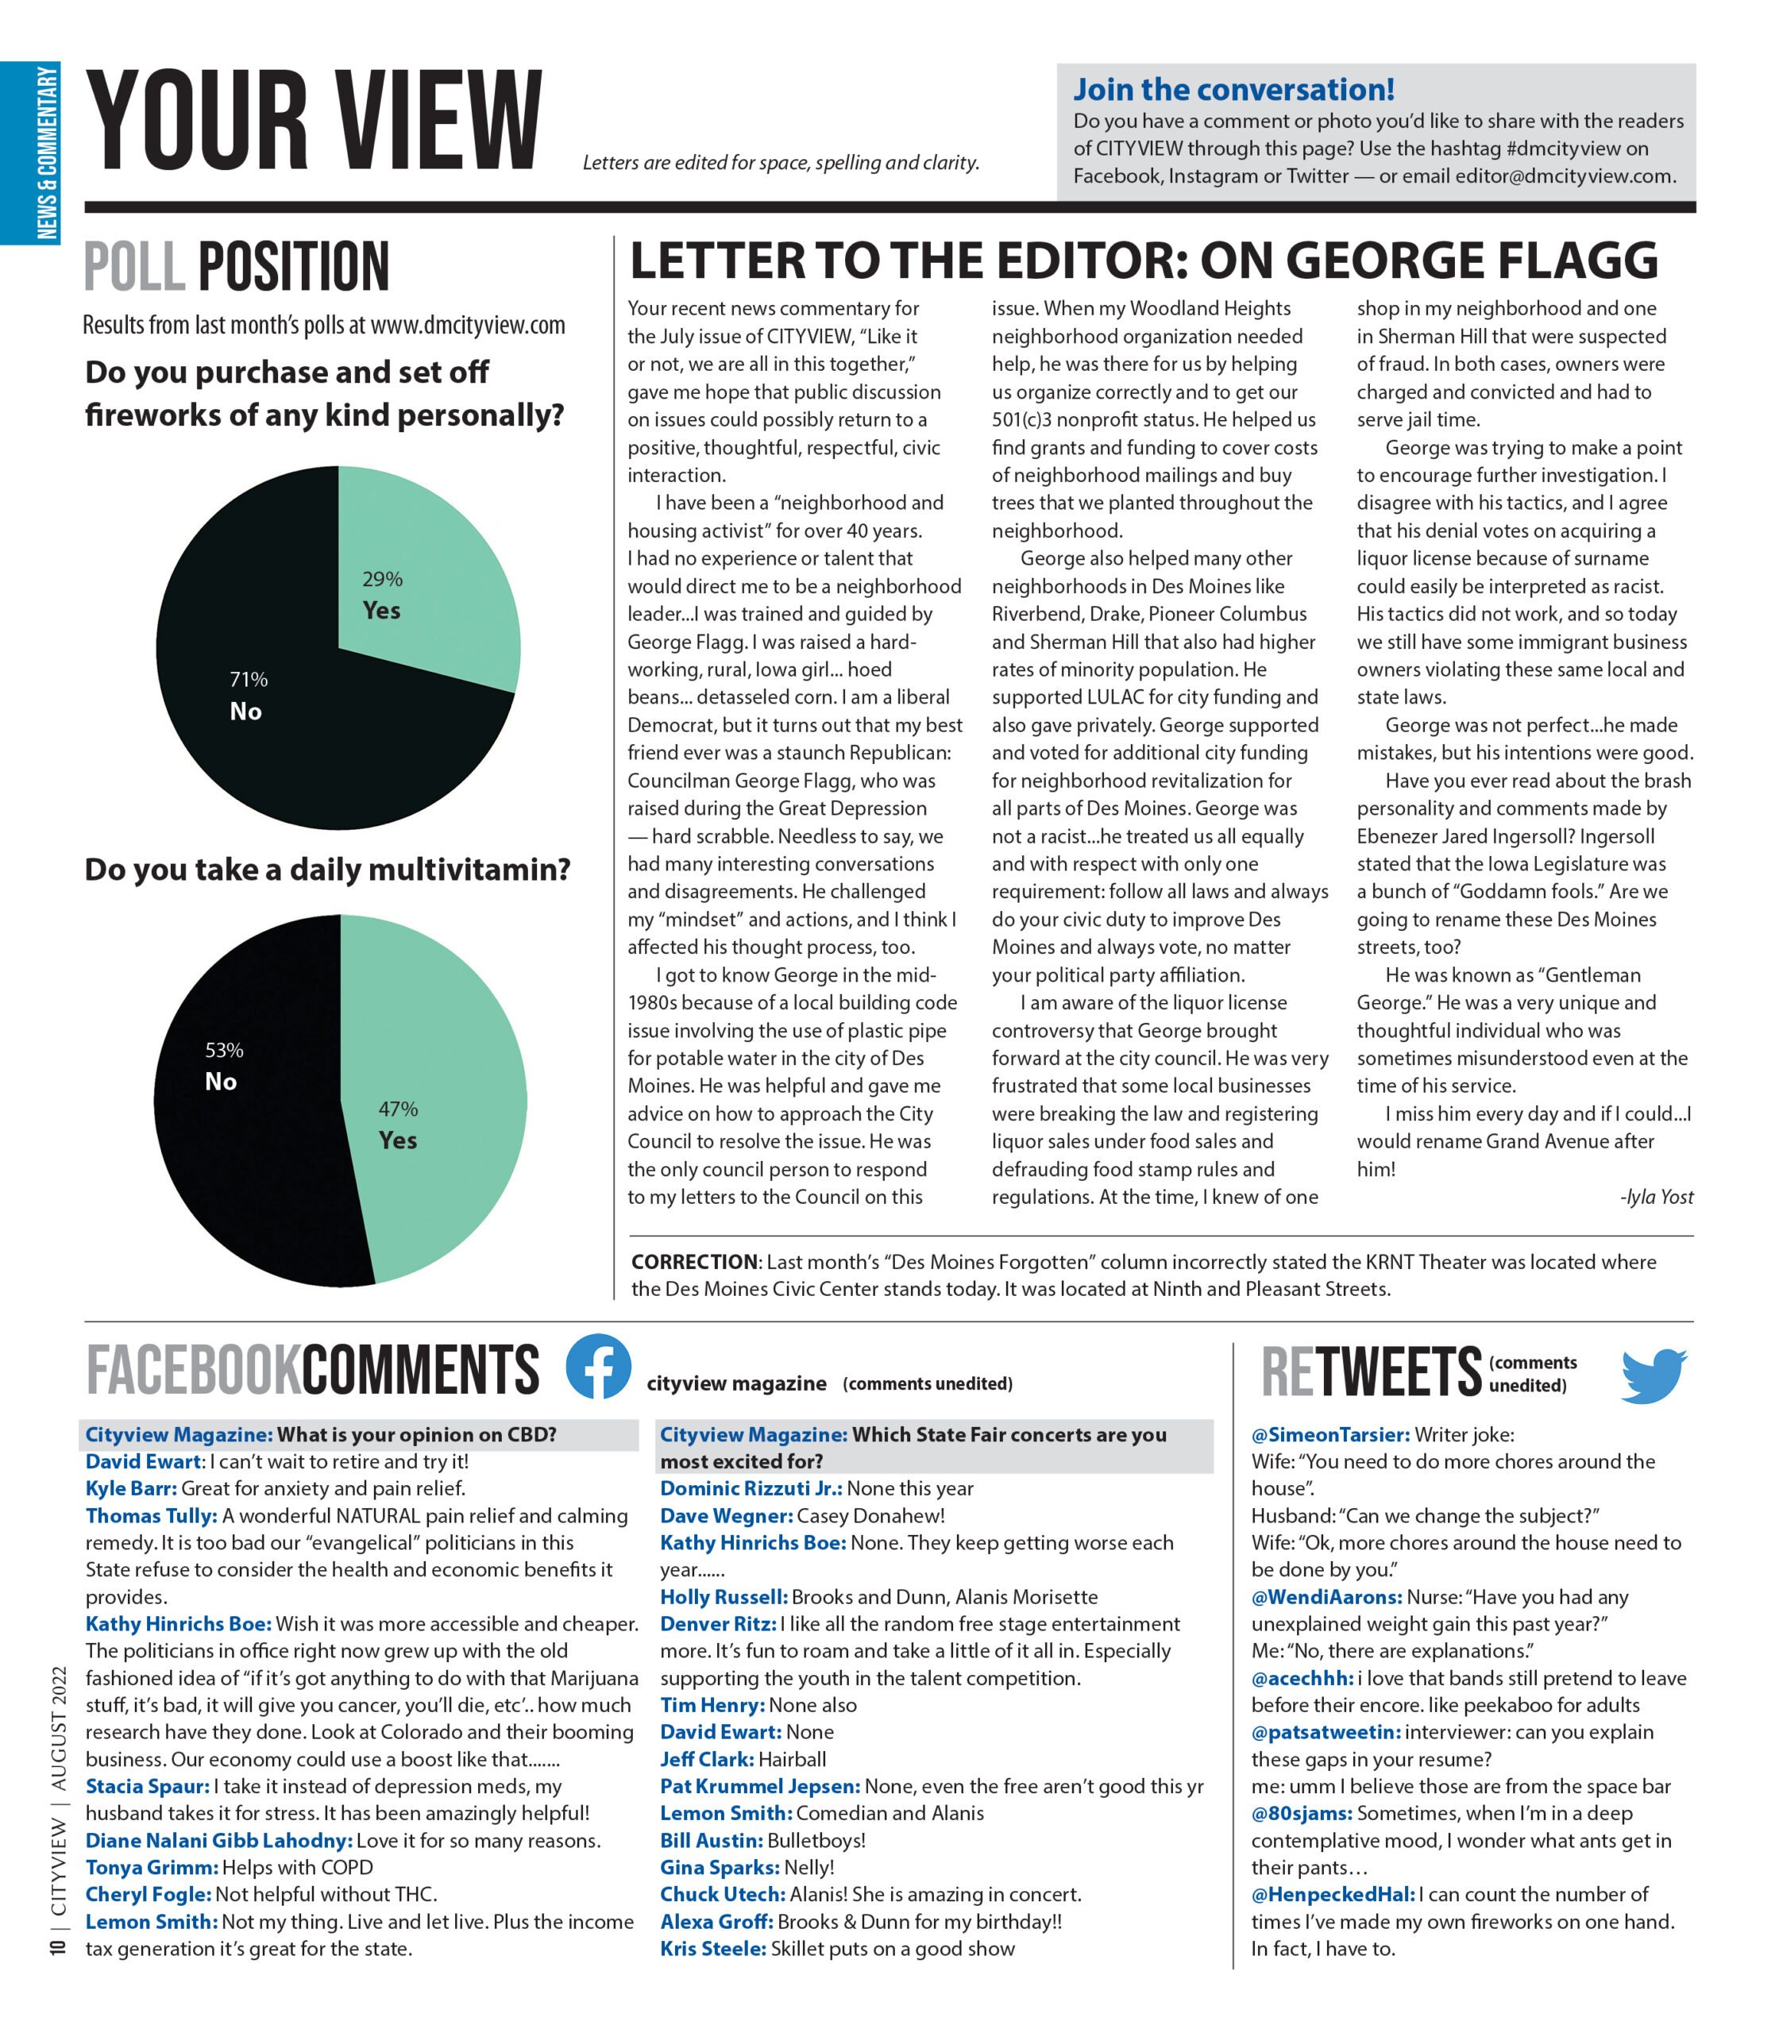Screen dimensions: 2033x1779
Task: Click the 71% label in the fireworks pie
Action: (x=248, y=680)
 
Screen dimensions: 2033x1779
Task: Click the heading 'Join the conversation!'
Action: (x=1233, y=91)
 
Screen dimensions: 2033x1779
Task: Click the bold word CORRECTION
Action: (x=695, y=1262)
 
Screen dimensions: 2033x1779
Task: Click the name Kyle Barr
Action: (x=131, y=1488)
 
